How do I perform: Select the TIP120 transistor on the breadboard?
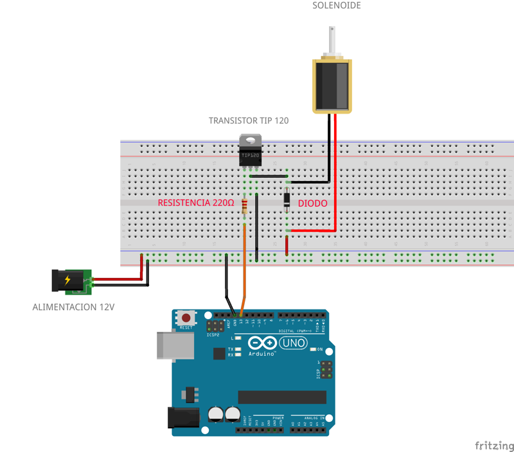click(x=250, y=152)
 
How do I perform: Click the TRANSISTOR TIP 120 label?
click(x=249, y=121)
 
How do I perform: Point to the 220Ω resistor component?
click(x=244, y=206)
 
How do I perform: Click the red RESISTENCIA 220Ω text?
click(x=196, y=203)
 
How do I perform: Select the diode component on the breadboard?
click(x=287, y=200)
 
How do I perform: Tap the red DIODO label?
click(x=312, y=203)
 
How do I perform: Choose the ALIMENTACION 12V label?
click(x=73, y=308)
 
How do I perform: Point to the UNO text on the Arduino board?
click(x=294, y=343)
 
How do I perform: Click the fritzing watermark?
click(x=493, y=445)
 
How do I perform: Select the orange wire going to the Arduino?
click(x=244, y=270)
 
